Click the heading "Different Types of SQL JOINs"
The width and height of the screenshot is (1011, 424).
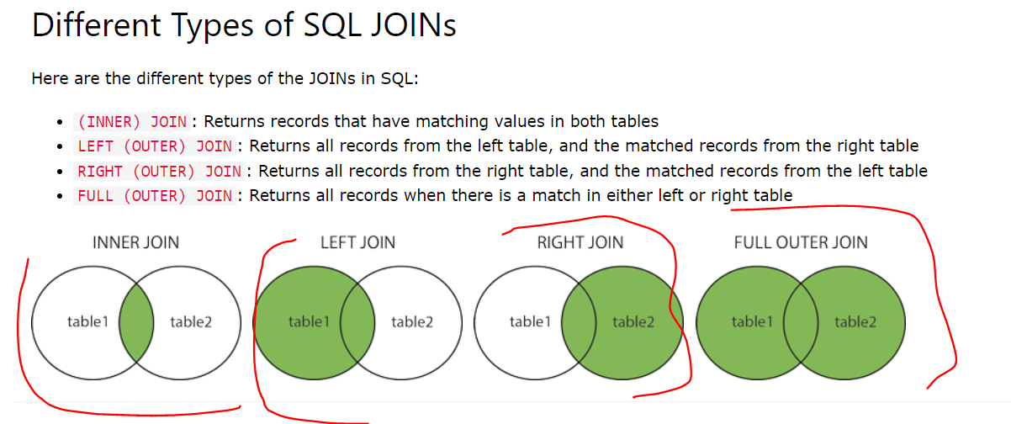tap(244, 25)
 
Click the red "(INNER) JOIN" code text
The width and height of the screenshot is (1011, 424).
tap(132, 121)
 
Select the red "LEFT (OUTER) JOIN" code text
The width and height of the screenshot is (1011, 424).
tap(155, 146)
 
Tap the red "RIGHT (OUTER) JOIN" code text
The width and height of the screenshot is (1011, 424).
tap(159, 172)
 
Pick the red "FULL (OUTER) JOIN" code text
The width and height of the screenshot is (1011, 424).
tap(155, 196)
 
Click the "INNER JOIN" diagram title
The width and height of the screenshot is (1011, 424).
tap(135, 243)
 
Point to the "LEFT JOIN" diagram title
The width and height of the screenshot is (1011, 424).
tap(357, 243)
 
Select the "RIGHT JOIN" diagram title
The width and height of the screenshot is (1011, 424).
tap(580, 243)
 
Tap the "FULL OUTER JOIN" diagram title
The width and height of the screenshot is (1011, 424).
tap(801, 243)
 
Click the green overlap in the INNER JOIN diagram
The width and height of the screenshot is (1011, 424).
tap(136, 322)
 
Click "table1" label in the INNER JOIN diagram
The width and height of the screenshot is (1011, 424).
tap(87, 322)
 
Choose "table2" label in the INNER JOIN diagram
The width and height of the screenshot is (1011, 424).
tap(191, 322)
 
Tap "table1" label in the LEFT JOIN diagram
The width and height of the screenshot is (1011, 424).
tap(309, 322)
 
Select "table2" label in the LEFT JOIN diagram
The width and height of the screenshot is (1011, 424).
tap(412, 322)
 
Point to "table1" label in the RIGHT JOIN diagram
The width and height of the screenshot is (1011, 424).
tap(530, 322)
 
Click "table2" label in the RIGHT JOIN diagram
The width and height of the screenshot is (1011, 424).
tap(633, 322)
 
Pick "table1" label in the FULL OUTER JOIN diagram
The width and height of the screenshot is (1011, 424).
tap(752, 322)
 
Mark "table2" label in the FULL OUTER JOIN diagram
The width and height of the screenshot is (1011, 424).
tap(855, 322)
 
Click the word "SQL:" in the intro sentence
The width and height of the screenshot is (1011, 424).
tap(400, 79)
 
